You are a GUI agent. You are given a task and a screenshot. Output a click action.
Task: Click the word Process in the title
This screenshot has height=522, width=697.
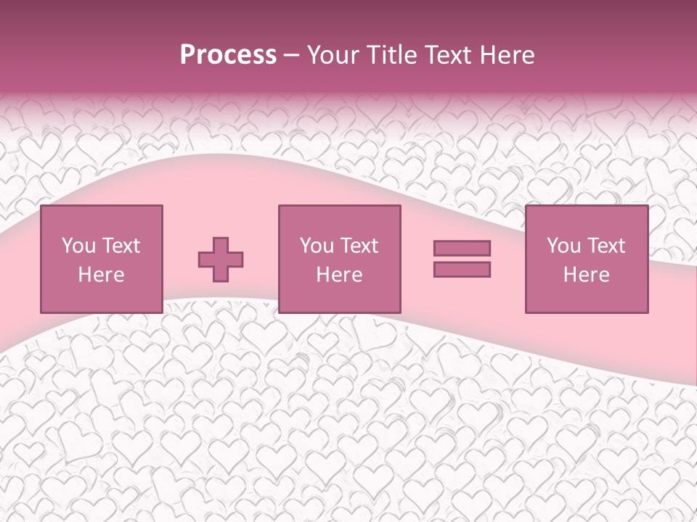[228, 55]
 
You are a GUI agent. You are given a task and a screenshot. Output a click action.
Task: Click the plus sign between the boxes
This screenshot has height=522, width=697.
[221, 259]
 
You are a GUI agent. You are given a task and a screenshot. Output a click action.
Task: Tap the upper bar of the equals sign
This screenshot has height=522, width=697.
[462, 248]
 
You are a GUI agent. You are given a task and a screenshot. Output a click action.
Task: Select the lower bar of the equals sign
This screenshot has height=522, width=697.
[462, 269]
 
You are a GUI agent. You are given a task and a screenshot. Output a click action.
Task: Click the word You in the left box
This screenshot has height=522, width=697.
[78, 245]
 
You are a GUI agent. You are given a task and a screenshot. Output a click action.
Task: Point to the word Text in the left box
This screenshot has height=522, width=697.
[121, 245]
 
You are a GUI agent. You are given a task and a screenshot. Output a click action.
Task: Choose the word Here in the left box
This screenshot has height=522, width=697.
[101, 274]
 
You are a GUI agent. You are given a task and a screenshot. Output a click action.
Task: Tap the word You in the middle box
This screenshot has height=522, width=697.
[317, 245]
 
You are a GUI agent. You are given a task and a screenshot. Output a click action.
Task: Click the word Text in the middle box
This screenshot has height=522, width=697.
[359, 245]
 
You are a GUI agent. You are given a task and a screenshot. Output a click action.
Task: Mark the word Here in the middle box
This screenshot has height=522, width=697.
[339, 274]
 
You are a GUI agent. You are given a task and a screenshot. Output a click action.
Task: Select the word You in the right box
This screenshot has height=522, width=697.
[563, 245]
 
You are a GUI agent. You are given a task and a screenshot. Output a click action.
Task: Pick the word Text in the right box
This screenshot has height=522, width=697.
[606, 245]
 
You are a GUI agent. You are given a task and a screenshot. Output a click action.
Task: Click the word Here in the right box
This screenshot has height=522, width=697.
[586, 274]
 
